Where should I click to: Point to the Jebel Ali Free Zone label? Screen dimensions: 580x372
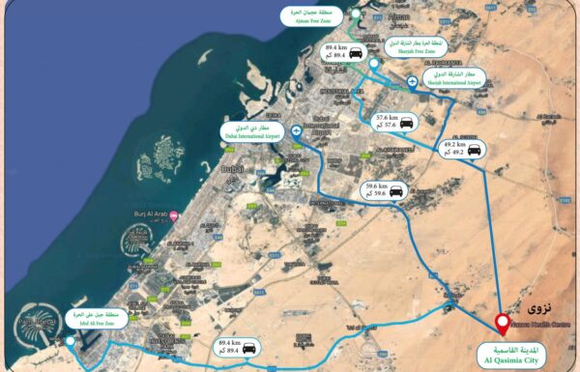click(x=95, y=323)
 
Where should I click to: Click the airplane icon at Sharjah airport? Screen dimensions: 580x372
click(x=413, y=82)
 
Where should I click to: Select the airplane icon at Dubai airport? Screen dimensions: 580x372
click(x=296, y=130)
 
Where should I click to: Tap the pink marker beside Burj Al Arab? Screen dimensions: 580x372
click(x=173, y=216)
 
